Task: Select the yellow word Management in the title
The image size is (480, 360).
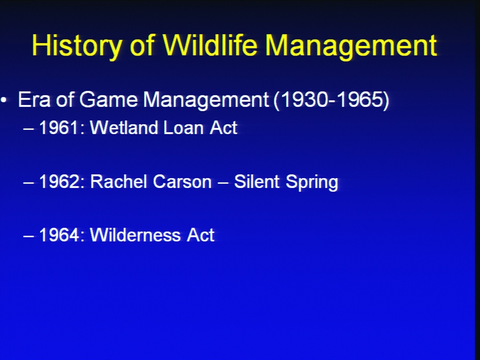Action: point(351,46)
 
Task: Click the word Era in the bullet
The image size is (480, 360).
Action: point(34,99)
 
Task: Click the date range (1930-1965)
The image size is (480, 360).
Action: point(331,100)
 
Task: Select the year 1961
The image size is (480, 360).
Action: point(58,127)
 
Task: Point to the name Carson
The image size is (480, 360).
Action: point(182,181)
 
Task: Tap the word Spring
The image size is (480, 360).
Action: point(311,183)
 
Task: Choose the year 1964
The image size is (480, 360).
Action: point(59,235)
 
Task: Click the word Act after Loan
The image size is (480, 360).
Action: point(223,127)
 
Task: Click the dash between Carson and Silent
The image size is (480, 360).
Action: point(223,183)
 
